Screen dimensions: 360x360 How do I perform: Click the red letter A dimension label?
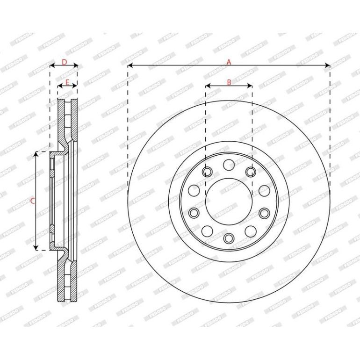pyautogui.click(x=229, y=62)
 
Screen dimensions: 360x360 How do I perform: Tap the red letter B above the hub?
pyautogui.click(x=229, y=82)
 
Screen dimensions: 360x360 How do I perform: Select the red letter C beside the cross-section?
pyautogui.click(x=33, y=201)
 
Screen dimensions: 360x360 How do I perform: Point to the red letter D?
pyautogui.click(x=65, y=62)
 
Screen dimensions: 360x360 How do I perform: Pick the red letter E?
pyautogui.click(x=67, y=82)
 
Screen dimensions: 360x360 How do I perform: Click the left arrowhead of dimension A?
pyautogui.click(x=130, y=65)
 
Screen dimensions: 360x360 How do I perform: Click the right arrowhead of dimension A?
pyautogui.click(x=327, y=65)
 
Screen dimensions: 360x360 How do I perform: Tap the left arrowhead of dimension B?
pyautogui.click(x=208, y=86)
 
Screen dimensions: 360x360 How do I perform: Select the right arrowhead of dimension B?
pyautogui.click(x=250, y=86)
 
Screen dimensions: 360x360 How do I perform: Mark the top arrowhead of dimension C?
pyautogui.click(x=36, y=154)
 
